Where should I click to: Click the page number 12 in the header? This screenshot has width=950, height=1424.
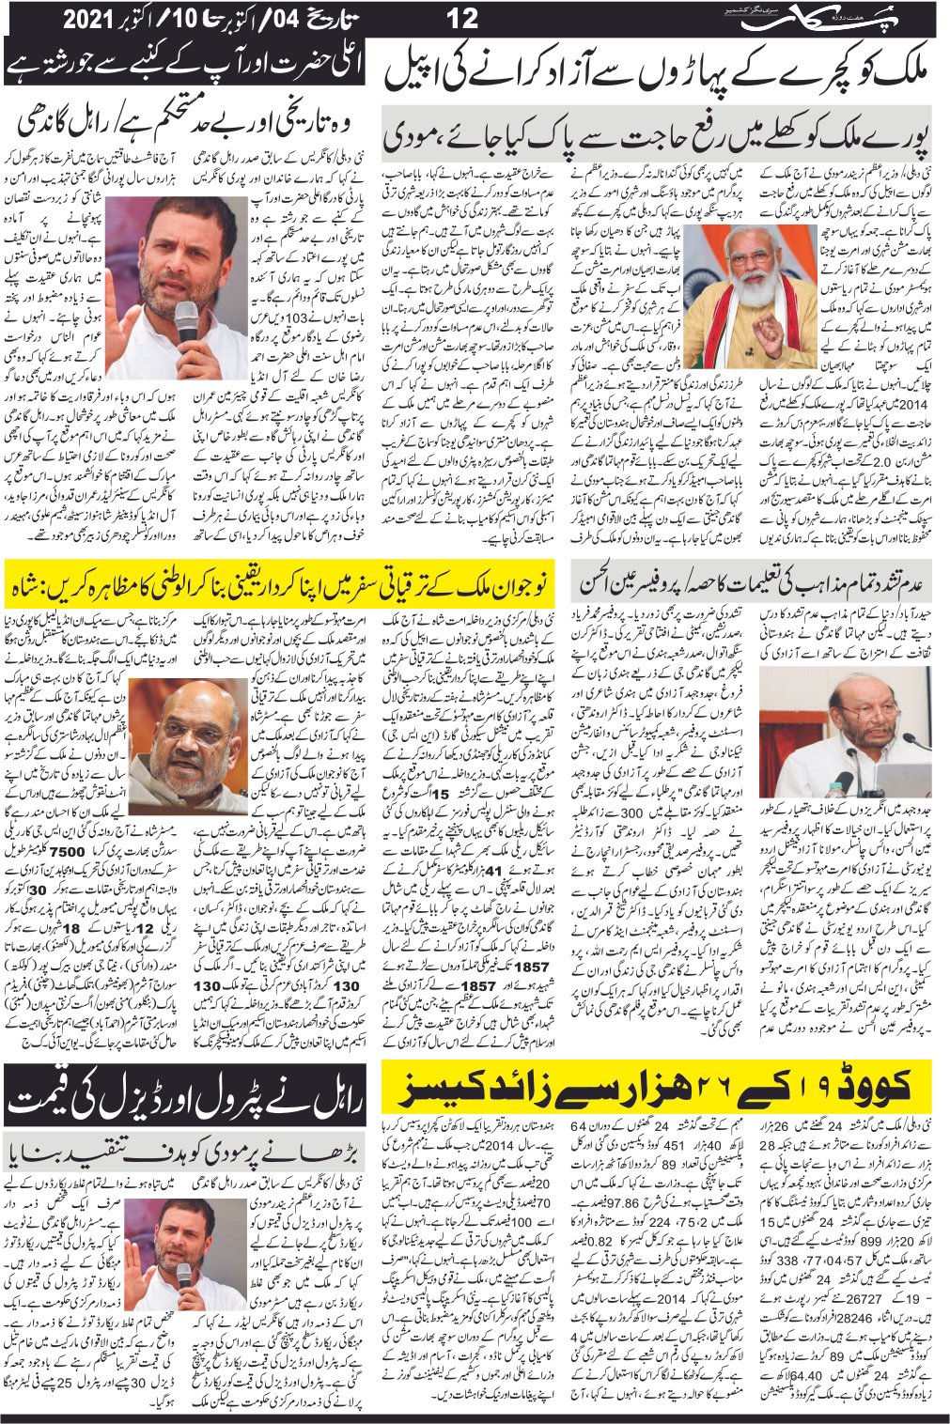click(x=463, y=17)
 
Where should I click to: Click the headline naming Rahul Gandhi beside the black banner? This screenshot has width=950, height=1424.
click(x=187, y=124)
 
